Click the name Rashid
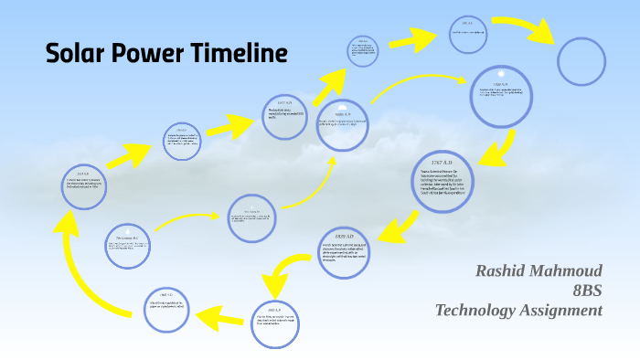506,271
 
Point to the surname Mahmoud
571,271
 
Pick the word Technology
478,311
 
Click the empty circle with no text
583,61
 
